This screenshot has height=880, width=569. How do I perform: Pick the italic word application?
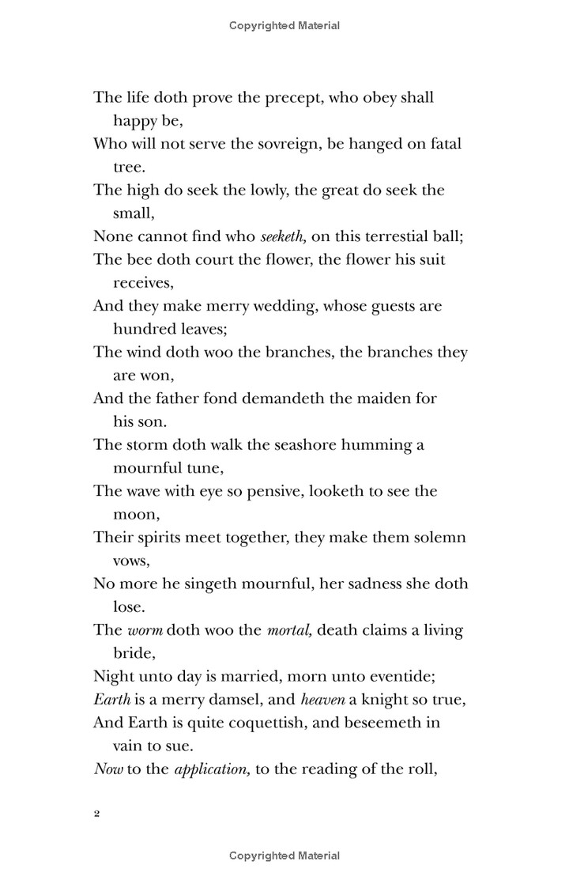click(210, 769)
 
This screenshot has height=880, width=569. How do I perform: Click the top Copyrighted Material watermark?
click(284, 25)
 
